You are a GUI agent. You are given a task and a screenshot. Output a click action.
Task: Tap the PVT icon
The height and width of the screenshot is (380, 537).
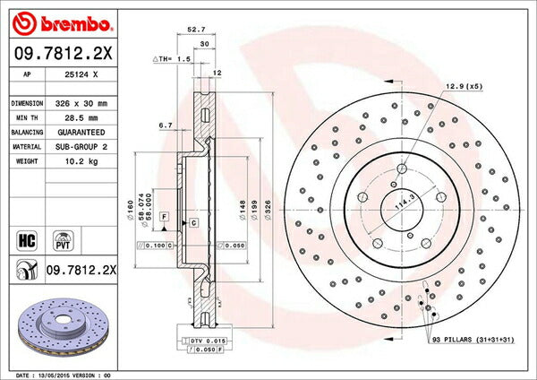tap(63, 240)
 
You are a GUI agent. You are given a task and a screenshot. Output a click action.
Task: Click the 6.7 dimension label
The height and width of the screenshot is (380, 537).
tap(165, 125)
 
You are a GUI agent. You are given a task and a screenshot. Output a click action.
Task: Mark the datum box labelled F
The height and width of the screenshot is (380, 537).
tap(165, 218)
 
